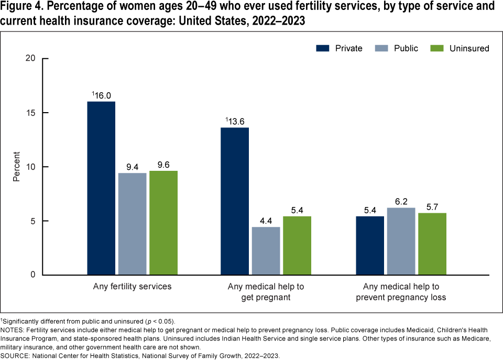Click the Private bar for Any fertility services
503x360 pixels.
[101, 188]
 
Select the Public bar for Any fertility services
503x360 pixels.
[132, 224]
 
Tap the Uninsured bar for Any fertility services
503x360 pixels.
[163, 223]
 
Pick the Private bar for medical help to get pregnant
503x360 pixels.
[235, 201]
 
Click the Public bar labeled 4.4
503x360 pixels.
[266, 251]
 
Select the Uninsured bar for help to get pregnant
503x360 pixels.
[297, 245]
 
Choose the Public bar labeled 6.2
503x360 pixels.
[400, 241]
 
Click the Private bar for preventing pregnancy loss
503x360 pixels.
[369, 245]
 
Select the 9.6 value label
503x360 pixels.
[163, 165]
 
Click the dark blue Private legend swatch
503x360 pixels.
[324, 48]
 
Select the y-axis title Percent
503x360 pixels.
[17, 167]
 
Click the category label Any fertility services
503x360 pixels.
[132, 287]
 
